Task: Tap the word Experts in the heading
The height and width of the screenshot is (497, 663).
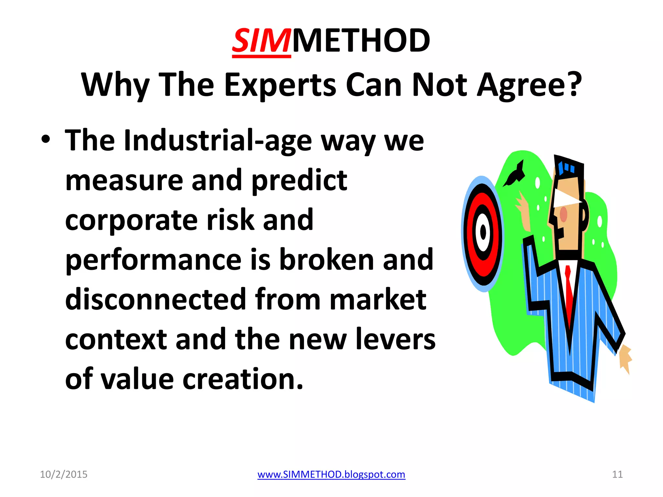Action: (x=280, y=85)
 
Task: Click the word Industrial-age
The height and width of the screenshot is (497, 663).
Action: (x=218, y=141)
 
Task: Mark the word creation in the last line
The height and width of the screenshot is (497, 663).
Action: (x=243, y=379)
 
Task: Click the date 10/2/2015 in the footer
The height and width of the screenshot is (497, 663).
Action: (x=63, y=474)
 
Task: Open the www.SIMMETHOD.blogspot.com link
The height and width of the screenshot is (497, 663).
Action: (x=331, y=474)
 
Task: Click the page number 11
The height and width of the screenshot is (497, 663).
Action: (x=617, y=474)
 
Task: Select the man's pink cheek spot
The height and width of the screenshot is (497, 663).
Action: (x=564, y=214)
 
